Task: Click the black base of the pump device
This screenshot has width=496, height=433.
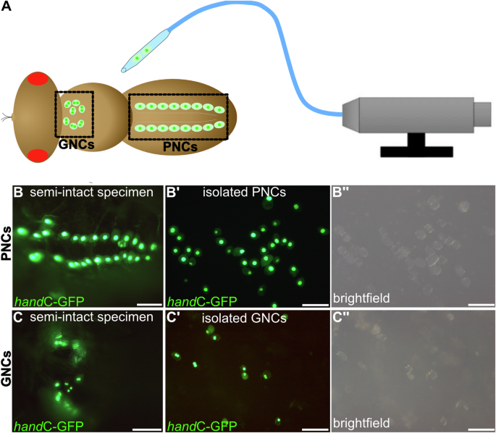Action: coord(416,151)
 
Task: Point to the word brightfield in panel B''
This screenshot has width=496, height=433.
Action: coord(363,298)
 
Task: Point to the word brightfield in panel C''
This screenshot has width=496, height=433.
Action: coord(363,421)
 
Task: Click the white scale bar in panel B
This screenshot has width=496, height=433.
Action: coord(147,304)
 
